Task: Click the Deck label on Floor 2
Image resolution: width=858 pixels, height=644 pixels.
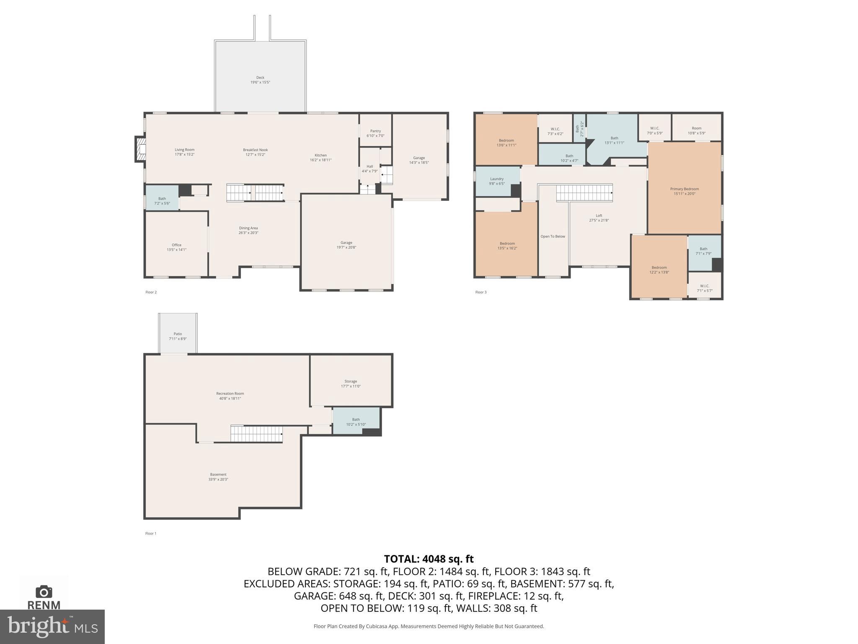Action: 260,78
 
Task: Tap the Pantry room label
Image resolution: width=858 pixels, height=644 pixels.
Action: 375,131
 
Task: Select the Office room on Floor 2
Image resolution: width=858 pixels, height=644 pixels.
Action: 176,245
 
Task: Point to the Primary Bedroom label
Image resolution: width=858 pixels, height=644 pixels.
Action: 684,189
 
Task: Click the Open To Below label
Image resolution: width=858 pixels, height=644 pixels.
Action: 553,236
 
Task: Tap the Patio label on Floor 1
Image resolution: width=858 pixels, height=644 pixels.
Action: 178,334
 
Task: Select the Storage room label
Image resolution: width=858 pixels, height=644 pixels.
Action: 351,382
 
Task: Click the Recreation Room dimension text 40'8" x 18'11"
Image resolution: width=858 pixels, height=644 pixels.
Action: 230,399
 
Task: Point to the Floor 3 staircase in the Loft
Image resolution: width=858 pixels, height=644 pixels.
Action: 584,193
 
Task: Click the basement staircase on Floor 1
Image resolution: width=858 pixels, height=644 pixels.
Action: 256,434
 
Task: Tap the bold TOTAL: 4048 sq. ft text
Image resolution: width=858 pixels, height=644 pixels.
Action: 429,559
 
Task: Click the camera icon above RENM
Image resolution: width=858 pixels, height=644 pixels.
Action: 44,592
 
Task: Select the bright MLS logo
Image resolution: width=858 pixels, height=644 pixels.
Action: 52,626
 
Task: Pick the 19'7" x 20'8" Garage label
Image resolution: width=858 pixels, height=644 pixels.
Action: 346,243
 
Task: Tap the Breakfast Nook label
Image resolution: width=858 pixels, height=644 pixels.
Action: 255,150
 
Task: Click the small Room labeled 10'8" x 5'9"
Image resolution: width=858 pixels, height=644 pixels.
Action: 696,128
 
